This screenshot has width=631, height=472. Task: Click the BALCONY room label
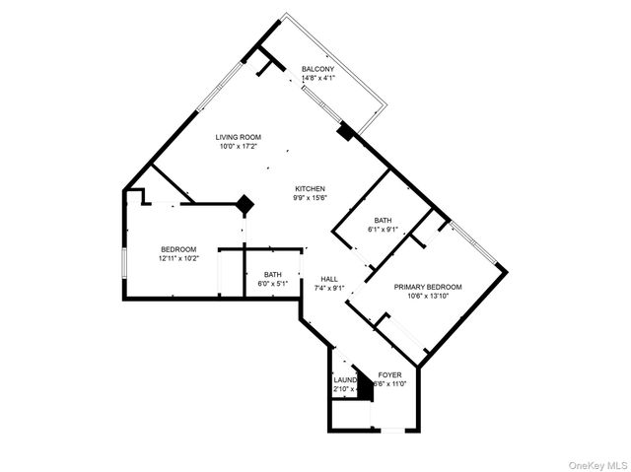pyautogui.click(x=317, y=68)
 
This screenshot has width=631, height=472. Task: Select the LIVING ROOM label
pyautogui.click(x=238, y=137)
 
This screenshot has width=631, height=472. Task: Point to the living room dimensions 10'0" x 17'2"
pyautogui.click(x=238, y=146)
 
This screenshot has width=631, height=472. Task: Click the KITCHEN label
pyautogui.click(x=310, y=188)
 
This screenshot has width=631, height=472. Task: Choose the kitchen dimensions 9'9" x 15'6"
pyautogui.click(x=310, y=197)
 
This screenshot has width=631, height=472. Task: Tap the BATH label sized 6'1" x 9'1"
pyautogui.click(x=384, y=220)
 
